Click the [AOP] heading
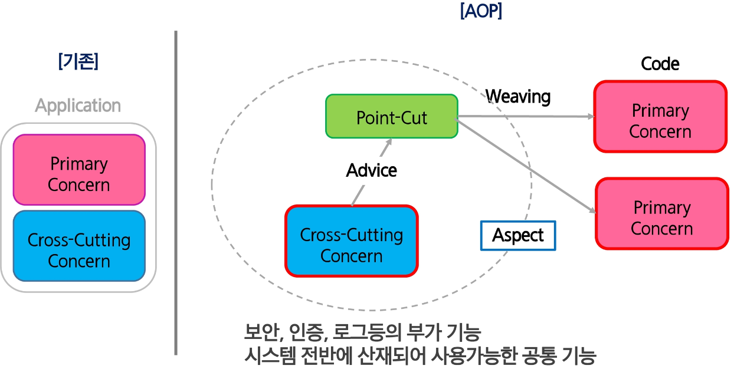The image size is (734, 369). coord(481,12)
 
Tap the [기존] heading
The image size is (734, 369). coord(78,61)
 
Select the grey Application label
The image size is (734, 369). coord(78,106)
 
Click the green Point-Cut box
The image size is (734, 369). coord(392,117)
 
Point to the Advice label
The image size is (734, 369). coord(372,170)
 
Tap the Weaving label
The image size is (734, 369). coord(518,96)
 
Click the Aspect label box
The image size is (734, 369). coord(518,235)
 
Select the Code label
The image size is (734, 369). coord(660,64)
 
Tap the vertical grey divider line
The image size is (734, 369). coord(176,195)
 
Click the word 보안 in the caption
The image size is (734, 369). coord(258,334)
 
